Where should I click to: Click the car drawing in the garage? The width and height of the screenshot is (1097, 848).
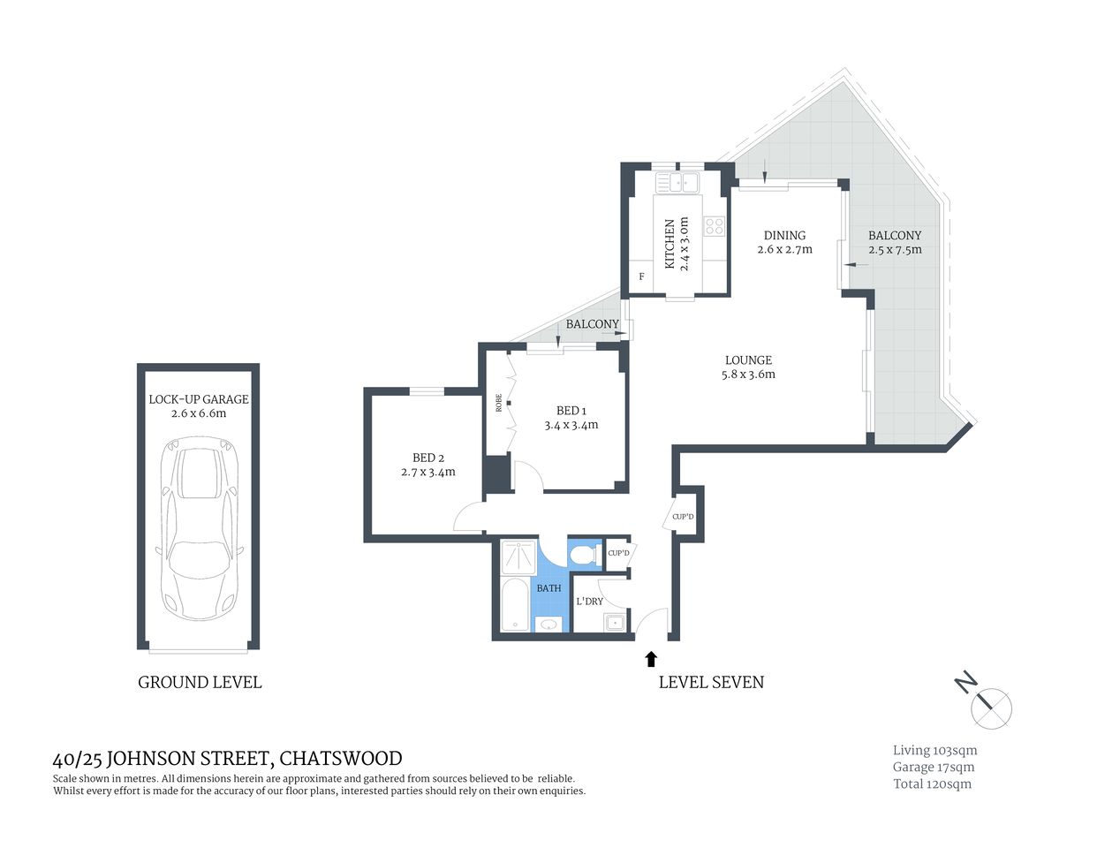click(200, 530)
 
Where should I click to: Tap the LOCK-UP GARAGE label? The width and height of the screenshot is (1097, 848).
click(199, 399)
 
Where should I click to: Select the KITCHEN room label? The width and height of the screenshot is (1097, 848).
click(670, 244)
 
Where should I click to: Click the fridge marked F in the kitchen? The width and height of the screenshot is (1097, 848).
click(641, 276)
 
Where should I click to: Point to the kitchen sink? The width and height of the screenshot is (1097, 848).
click(677, 183)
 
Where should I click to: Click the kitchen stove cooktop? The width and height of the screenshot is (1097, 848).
click(714, 226)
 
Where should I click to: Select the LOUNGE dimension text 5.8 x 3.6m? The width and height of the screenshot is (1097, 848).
click(748, 375)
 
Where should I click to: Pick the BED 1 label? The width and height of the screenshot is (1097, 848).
click(571, 411)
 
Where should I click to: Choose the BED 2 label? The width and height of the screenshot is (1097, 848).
click(428, 458)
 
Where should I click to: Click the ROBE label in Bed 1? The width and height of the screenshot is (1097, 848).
click(499, 403)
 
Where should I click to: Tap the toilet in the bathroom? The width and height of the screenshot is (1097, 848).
click(582, 555)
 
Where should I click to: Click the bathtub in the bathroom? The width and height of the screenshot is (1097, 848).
click(514, 605)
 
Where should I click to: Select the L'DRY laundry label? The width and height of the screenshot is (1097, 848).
click(589, 602)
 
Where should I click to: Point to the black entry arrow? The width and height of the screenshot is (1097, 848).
click(651, 658)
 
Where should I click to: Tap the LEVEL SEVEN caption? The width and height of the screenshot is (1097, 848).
click(711, 682)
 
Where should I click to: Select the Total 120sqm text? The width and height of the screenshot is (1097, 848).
click(932, 784)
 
